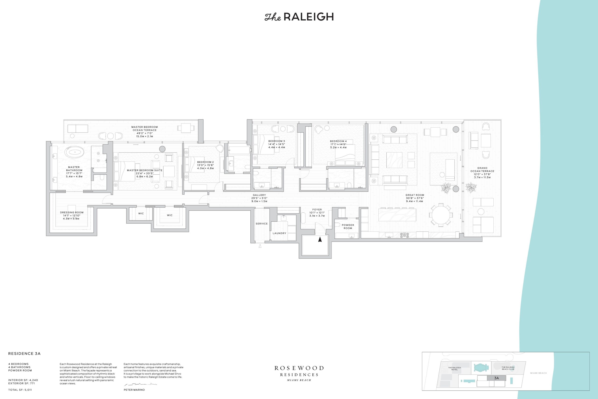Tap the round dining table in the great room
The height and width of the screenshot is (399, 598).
point(441,215)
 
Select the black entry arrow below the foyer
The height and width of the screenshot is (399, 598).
point(320,239)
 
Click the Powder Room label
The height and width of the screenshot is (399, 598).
point(348,226)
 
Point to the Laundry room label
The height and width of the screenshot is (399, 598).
point(279,233)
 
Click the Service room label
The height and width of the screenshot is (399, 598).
point(262,224)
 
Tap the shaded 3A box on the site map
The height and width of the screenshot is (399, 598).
point(496,378)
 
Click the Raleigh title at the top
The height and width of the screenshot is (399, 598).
point(299,17)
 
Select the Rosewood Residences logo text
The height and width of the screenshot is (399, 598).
point(299,373)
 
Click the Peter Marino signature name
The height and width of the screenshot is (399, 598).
point(134,390)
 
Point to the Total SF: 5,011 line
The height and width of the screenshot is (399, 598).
point(20,390)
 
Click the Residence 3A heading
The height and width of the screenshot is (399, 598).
point(24,354)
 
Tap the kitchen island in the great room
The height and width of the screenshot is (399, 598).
point(397,215)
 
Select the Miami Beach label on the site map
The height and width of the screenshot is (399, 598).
point(538,373)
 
